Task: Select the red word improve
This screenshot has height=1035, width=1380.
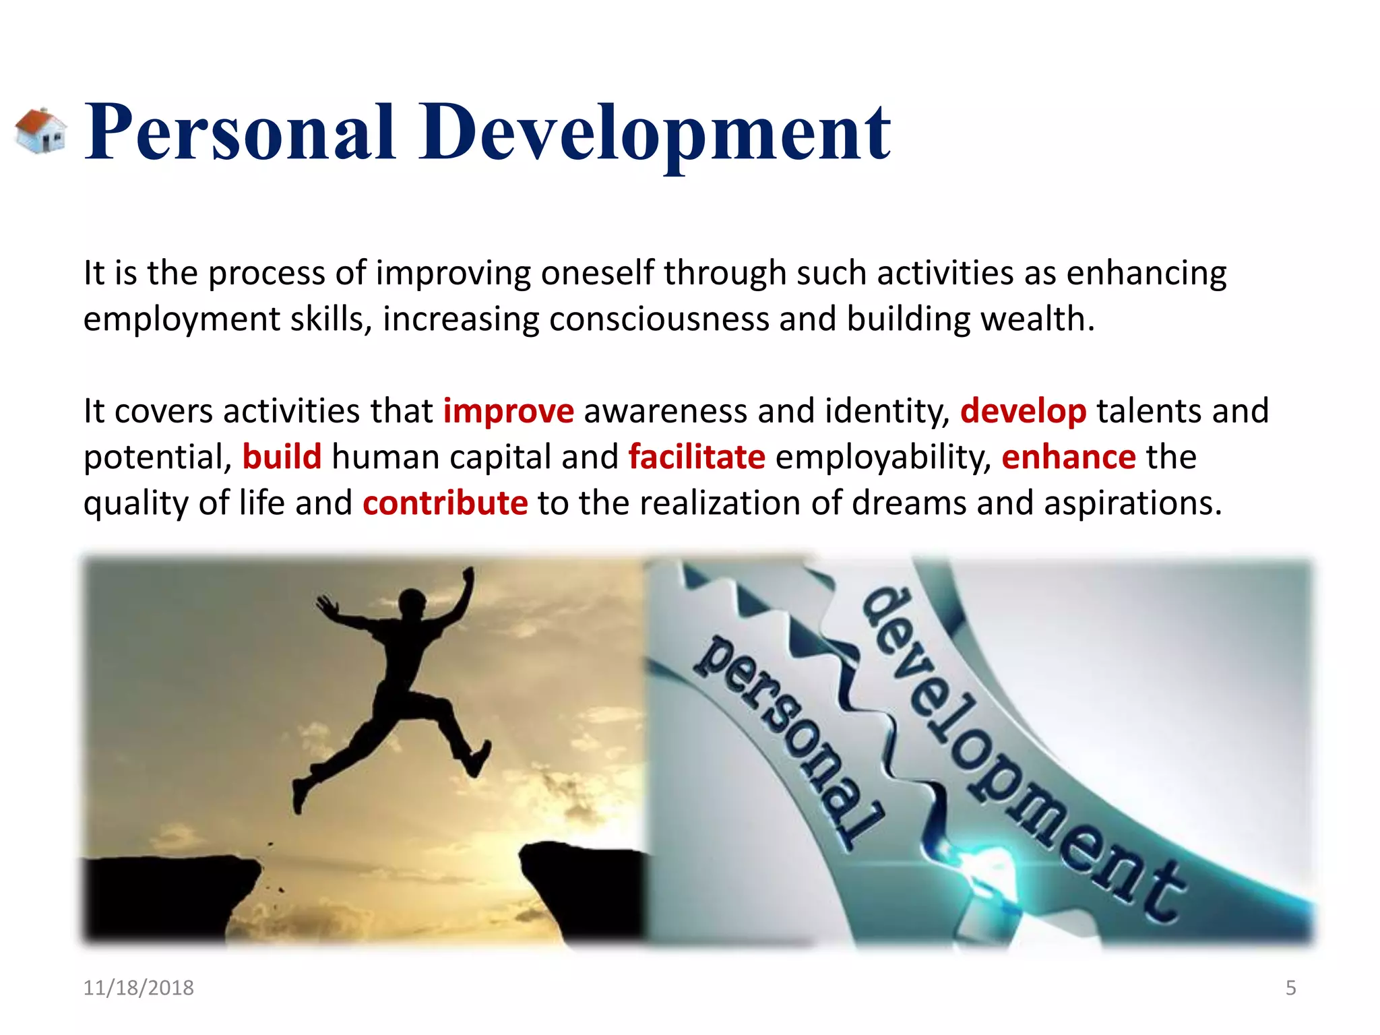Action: tap(508, 411)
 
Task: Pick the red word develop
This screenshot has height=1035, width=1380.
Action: tap(1022, 411)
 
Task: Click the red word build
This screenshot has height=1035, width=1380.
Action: tap(282, 457)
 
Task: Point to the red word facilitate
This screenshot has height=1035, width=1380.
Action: tap(697, 457)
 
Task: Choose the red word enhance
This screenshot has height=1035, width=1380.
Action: tap(1068, 457)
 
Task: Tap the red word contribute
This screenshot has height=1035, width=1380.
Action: tap(445, 503)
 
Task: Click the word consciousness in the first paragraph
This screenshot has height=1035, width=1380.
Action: tap(658, 319)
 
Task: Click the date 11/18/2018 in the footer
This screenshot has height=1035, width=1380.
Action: tap(138, 988)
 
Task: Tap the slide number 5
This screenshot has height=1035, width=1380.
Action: tap(1290, 988)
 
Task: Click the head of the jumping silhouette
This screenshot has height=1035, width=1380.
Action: tap(412, 600)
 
